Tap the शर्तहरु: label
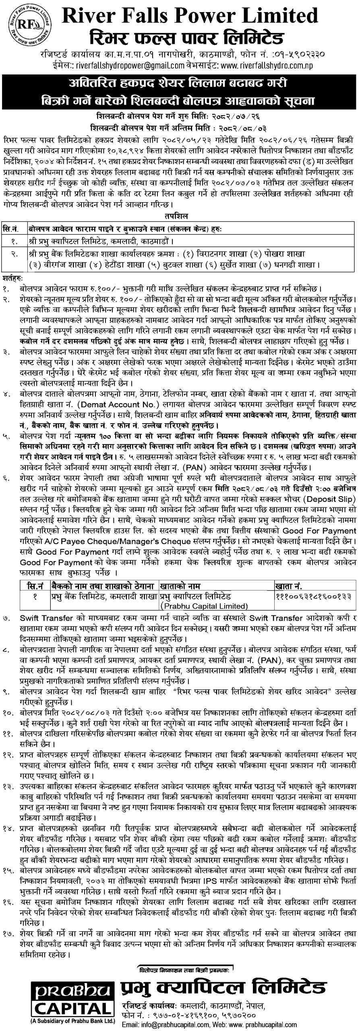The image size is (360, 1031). [13, 278]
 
